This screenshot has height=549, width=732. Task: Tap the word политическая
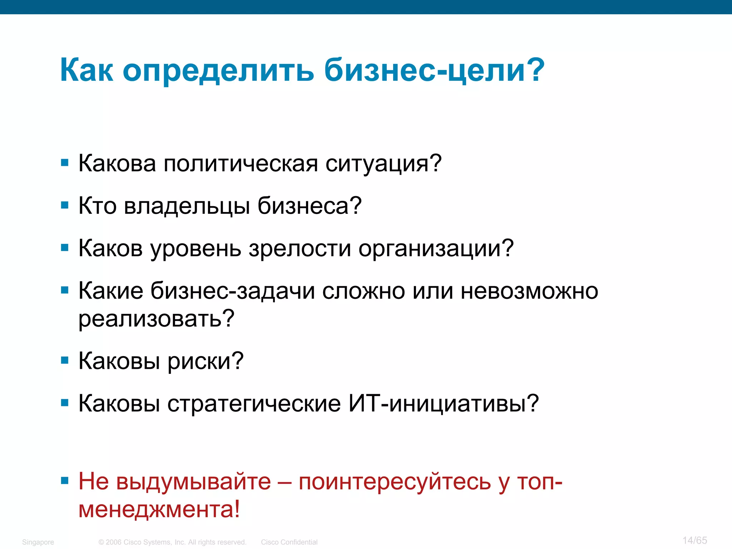tap(241, 164)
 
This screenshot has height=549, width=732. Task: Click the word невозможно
tap(529, 291)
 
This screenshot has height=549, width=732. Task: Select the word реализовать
tap(156, 319)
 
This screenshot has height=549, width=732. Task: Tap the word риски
tap(206, 361)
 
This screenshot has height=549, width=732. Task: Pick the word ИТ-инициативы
tap(443, 404)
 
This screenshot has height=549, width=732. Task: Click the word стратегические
tap(254, 404)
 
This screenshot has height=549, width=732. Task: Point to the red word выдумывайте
tap(193, 482)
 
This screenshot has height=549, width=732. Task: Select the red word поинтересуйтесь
tap(395, 482)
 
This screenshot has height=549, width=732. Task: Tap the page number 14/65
tap(694, 540)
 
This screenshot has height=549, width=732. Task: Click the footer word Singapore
tap(38, 542)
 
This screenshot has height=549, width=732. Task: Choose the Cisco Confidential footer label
tap(289, 542)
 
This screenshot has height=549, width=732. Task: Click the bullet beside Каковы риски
tap(65, 360)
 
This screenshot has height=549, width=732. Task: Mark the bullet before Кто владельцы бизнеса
tap(65, 205)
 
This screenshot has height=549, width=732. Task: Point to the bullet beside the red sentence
tap(65, 480)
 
